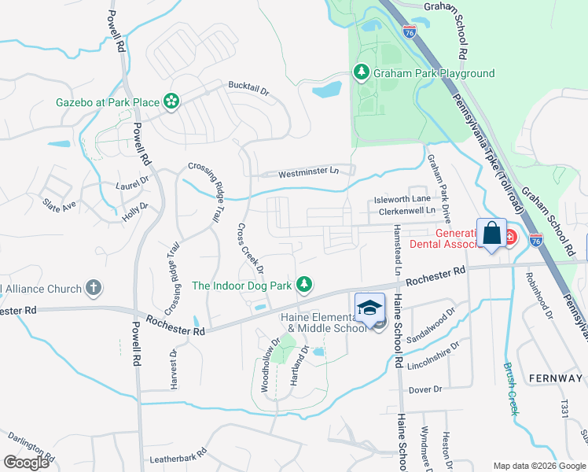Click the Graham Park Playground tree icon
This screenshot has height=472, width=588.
click(362, 73)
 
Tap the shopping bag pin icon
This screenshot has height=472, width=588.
click(491, 234)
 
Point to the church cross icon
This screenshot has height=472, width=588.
click(94, 288)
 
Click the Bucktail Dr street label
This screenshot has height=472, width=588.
click(248, 87)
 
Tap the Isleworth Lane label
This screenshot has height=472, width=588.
click(402, 199)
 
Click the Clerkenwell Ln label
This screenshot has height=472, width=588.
click(406, 211)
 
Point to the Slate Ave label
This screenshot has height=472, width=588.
click(59, 204)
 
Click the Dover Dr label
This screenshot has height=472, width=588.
click(425, 389)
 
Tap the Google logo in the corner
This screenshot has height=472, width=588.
click(27, 463)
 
